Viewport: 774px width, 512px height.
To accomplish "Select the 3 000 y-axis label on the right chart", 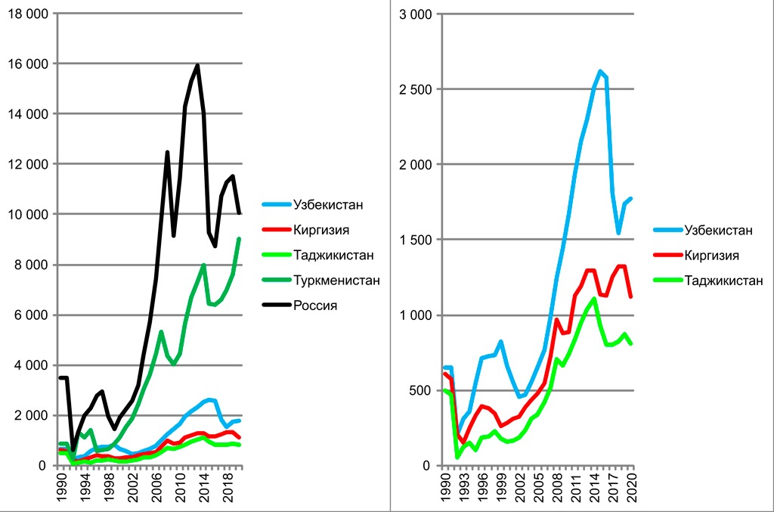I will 416,14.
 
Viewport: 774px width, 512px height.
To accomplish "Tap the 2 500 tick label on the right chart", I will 416,89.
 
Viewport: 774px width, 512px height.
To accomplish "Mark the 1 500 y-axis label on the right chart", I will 416,240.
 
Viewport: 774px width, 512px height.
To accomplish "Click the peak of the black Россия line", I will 197,65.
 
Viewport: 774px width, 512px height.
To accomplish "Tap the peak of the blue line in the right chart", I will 600,71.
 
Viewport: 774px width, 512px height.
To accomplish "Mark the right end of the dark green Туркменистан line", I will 240,239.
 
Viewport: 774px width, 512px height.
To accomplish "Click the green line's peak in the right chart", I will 594,299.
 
